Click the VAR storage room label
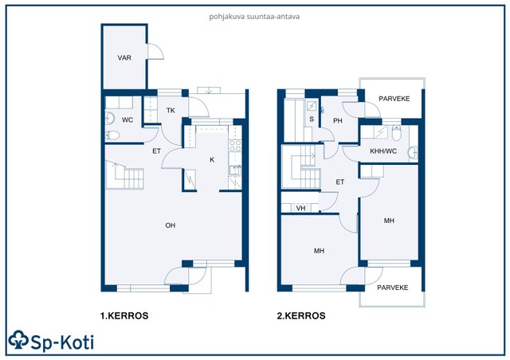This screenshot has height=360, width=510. coord(124,58)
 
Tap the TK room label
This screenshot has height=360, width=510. coord(171,111)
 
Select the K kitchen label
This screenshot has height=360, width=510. coord(212,159)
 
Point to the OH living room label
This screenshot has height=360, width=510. coord(171,225)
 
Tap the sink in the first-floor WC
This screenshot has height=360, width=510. coord(110,119)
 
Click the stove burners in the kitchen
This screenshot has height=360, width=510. coord(235,146)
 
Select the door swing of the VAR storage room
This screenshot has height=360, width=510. coord(156,52)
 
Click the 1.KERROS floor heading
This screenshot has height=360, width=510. coord(124,315)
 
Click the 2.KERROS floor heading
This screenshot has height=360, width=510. coord(301,315)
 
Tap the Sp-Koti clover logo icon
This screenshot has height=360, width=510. coord(18,340)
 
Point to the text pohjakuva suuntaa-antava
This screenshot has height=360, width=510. coord(254,17)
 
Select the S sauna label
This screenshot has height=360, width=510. coord(312,119)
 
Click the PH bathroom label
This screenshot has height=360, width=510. coord(338,121)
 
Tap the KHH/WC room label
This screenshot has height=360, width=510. coord(383,151)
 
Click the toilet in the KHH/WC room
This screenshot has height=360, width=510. coord(396,133)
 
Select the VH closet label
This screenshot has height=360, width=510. coord(301,208)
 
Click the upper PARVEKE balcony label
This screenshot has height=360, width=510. coord(394,99)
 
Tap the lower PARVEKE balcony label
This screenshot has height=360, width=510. coord(393,288)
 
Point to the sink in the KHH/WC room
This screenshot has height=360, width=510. coord(413,152)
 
